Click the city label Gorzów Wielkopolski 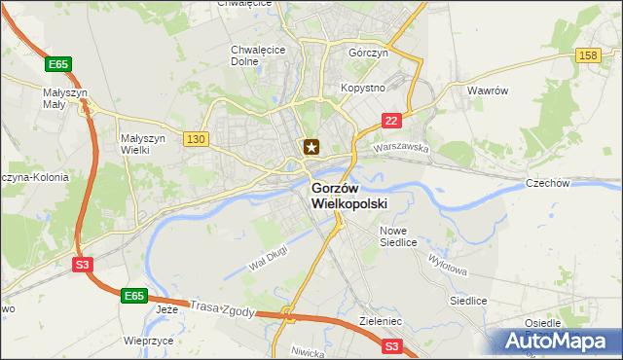[x=348, y=196]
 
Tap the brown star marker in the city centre [x=311, y=147]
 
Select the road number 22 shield [x=390, y=120]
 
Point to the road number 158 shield [x=587, y=57]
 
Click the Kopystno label [x=363, y=88]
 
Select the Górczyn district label [x=369, y=54]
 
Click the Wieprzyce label [x=149, y=342]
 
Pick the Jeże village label [x=167, y=309]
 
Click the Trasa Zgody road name [x=223, y=308]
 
